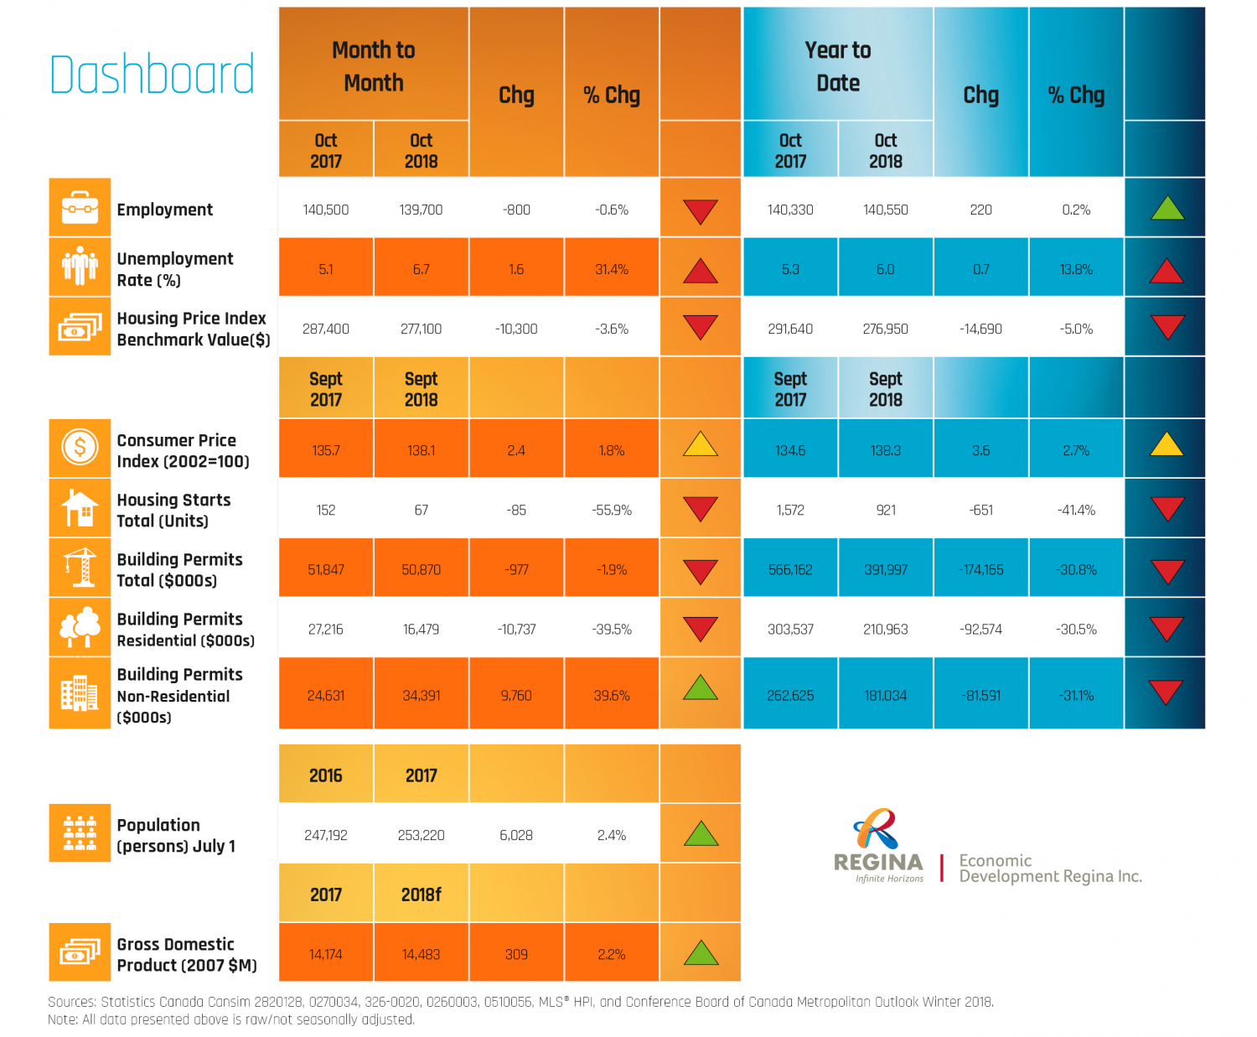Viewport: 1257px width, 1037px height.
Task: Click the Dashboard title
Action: pos(152,74)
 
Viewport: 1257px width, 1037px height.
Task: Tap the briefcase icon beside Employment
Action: pos(80,206)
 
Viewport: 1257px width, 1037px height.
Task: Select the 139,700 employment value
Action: pos(421,210)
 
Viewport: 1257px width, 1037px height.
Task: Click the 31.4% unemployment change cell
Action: pos(612,269)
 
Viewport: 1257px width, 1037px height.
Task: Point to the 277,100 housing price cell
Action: pos(421,329)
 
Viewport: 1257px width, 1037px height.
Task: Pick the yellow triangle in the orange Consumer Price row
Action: pos(701,444)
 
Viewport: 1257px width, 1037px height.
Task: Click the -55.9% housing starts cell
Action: pos(612,510)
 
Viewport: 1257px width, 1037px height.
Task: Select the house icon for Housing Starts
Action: pos(80,508)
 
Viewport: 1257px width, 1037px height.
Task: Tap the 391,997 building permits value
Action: pos(886,569)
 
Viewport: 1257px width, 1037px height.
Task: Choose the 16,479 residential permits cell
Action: pos(421,629)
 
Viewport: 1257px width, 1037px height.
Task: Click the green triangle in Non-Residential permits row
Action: pos(701,688)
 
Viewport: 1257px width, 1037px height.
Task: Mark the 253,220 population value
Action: pos(421,835)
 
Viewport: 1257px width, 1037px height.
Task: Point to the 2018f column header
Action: pos(421,894)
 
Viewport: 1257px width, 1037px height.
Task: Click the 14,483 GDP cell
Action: pos(421,954)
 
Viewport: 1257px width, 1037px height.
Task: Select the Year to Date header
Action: pos(838,66)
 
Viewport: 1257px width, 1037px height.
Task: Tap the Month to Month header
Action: pos(374,66)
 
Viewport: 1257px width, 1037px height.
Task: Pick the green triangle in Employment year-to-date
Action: pos(1166,208)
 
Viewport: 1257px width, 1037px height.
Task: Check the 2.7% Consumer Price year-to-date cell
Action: pos(1076,450)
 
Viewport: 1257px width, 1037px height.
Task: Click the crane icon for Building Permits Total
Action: pos(80,568)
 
